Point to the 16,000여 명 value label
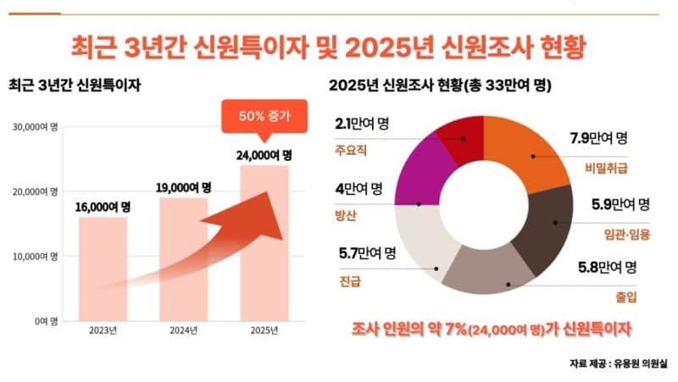coord(103,207)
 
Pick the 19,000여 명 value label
coord(183,187)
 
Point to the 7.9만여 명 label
coord(597,138)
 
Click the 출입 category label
coord(625,297)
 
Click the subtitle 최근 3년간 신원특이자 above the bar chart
coord(74,86)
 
